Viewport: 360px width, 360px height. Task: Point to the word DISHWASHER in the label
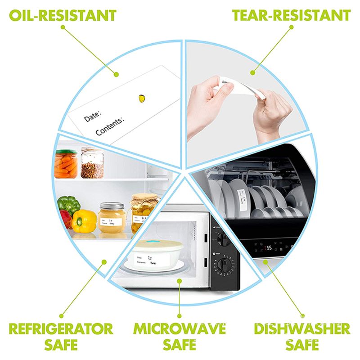pos(301,328)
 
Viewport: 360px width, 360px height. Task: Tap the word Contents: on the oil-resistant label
pos(109,126)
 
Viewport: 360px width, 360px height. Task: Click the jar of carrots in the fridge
pos(66,165)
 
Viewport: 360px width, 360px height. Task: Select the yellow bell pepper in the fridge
pos(85,221)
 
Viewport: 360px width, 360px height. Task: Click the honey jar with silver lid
pos(111,218)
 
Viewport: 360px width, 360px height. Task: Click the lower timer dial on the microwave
pos(222,268)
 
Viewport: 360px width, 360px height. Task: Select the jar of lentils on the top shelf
pos(93,164)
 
